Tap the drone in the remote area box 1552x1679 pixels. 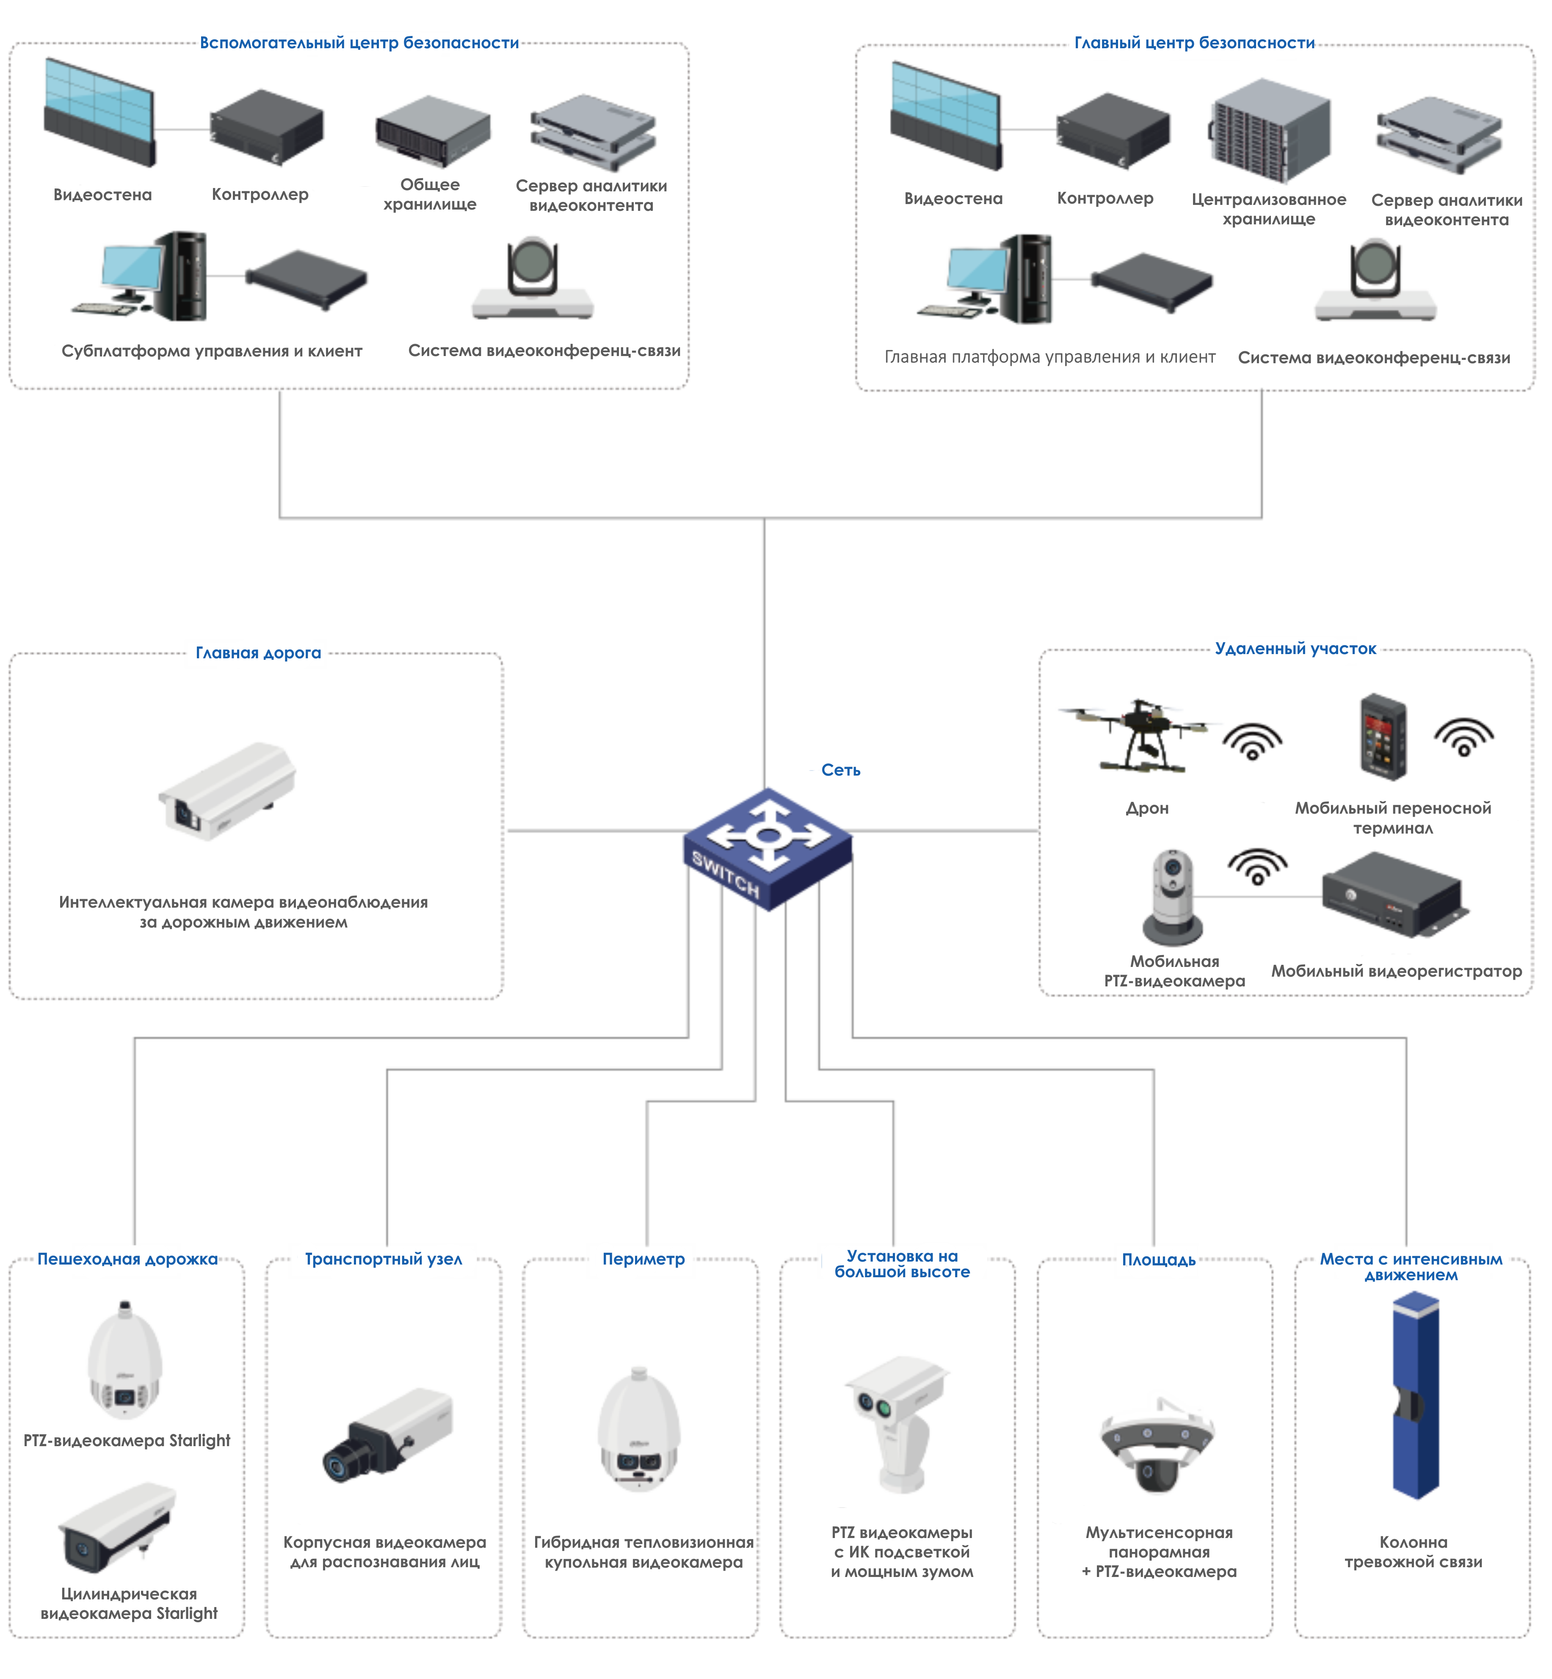[x=1138, y=732]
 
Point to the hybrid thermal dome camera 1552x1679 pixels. [x=638, y=1428]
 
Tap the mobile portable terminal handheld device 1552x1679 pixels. [x=1382, y=736]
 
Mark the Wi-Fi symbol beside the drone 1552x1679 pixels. [x=1252, y=741]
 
